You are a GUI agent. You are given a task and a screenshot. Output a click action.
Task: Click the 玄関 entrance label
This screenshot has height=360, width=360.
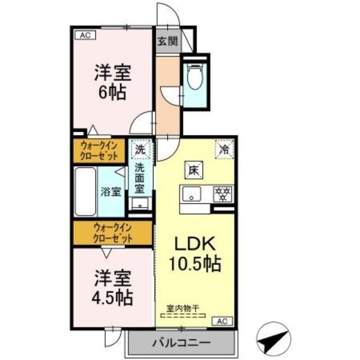(167, 40)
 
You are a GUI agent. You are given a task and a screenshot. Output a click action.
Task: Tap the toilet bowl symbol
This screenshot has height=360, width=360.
(194, 79)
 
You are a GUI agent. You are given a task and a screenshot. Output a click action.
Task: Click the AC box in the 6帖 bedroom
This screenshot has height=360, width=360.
(85, 35)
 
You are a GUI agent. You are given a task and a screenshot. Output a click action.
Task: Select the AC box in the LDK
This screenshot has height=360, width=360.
(222, 321)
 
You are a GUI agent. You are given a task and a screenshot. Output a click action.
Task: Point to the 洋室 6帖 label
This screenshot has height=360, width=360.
(112, 82)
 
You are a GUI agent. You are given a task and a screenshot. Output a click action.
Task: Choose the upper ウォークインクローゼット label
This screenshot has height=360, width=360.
(99, 150)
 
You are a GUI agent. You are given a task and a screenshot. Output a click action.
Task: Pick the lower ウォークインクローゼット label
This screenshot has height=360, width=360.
(112, 233)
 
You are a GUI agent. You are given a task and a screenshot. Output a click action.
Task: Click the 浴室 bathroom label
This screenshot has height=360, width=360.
(111, 191)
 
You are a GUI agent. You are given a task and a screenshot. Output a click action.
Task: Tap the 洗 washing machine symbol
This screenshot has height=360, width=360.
(139, 150)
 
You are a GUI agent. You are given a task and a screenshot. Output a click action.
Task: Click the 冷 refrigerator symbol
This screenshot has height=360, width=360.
(224, 150)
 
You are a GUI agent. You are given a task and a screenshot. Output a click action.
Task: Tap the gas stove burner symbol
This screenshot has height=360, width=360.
(222, 194)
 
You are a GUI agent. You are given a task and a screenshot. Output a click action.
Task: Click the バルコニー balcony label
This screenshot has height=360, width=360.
(181, 342)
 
